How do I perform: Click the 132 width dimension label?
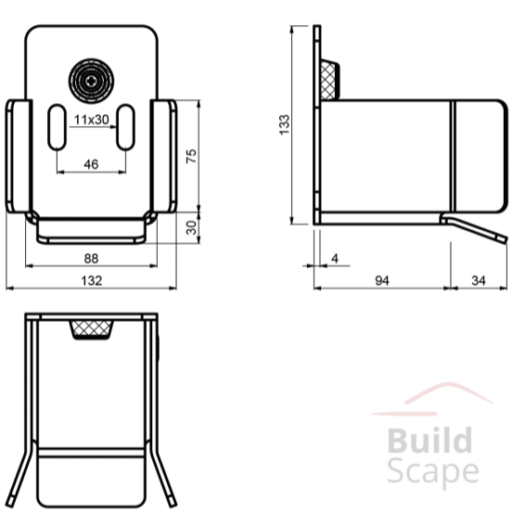pos(92,280)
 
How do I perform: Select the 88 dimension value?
pos(91,259)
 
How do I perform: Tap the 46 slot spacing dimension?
pos(91,164)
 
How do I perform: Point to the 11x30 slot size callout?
pos(92,120)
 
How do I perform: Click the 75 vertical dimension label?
pos(191,156)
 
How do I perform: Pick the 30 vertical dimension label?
pos(191,227)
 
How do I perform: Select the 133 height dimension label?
pos(284,124)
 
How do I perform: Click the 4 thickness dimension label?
pos(335,258)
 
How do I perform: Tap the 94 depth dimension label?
pos(382,280)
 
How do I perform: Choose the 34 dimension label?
pos(479,280)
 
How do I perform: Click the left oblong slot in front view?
pos(57,127)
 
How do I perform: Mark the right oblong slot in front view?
pos(125,127)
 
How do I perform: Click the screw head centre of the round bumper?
pos(91,81)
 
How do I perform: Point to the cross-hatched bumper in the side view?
pos(329,81)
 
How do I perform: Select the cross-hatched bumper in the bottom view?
pos(92,330)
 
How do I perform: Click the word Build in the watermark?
pos(429,441)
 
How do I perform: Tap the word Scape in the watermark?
pos(433,472)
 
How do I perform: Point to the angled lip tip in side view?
pos(505,239)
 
